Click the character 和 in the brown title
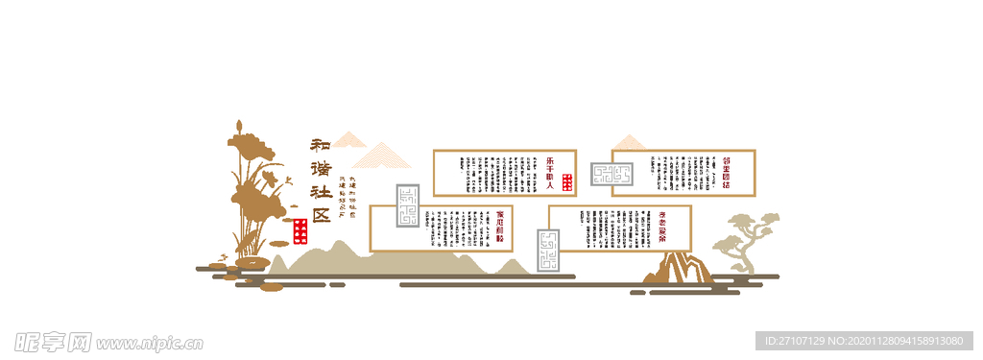coord(320,146)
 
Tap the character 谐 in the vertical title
coord(320,169)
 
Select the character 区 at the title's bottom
coord(320,214)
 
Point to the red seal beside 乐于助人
coord(567,181)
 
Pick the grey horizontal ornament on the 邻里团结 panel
coord(612,174)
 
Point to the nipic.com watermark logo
coord(108,341)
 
